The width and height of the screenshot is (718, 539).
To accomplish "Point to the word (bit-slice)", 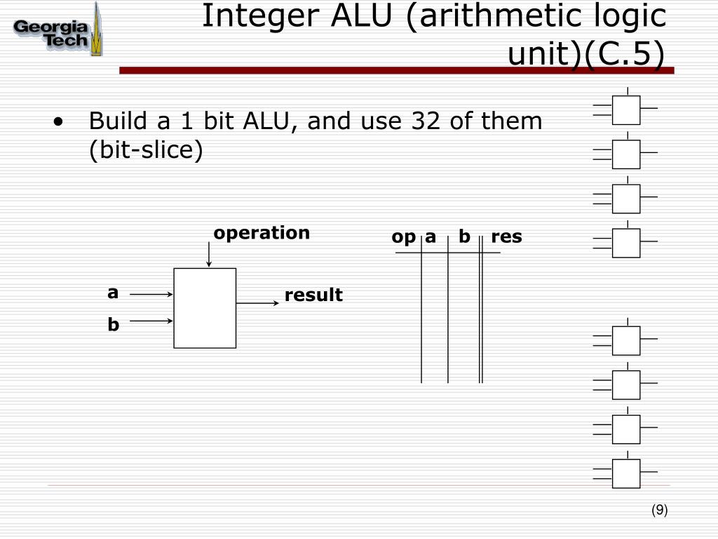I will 145,151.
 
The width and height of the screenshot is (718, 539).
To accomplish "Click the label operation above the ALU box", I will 262,233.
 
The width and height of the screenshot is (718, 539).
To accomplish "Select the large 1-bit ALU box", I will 205,308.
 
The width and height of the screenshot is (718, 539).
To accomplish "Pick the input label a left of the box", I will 112,293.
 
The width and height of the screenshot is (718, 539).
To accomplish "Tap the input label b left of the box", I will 113,324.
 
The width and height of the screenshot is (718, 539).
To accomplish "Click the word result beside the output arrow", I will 313,295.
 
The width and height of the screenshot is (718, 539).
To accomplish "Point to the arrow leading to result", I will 257,303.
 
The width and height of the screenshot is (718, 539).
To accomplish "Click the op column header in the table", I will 403,237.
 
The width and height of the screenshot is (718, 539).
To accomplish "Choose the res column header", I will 506,237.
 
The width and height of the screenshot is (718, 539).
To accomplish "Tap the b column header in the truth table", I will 464,237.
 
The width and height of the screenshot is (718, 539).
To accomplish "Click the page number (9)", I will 658,511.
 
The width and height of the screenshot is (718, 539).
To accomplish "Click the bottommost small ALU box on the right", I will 626,474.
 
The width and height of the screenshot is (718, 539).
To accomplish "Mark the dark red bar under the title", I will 396,70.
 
